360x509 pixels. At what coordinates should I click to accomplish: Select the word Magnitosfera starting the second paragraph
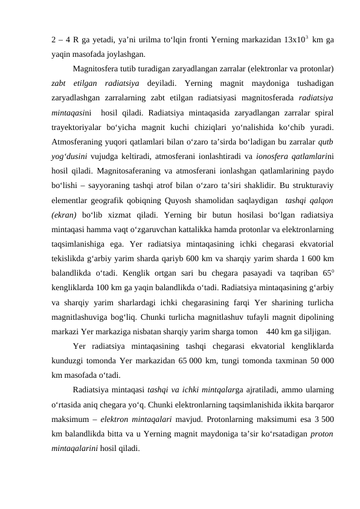[x=95, y=68]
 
